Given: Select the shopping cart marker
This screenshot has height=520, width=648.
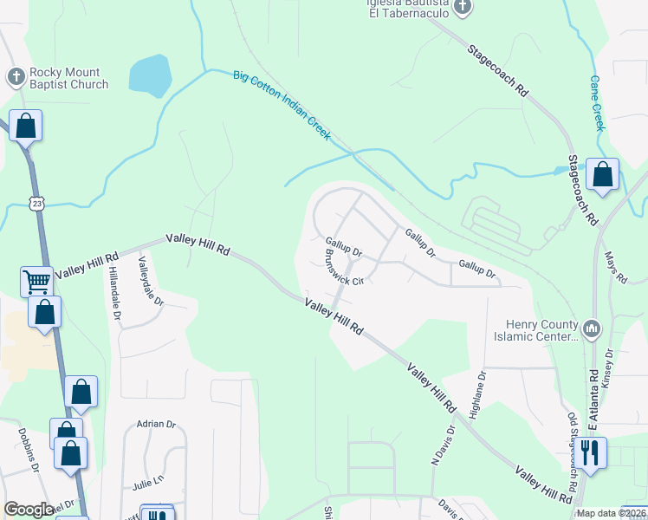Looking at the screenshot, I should coord(36,280).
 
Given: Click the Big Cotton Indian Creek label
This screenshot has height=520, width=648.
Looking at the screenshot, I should coord(282,105).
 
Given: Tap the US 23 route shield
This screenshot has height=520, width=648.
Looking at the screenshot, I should coord(35,203).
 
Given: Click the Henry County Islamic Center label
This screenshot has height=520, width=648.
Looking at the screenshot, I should coord(535,330).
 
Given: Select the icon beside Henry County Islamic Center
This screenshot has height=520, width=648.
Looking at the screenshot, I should coord(592,328).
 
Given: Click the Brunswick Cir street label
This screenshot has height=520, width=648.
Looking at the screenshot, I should coord(340,270).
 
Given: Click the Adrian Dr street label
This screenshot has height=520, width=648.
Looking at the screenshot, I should coord(156,425).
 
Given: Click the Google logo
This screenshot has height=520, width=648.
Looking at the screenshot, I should coord(29,510).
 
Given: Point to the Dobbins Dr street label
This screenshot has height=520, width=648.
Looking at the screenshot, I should coord(25,449).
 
